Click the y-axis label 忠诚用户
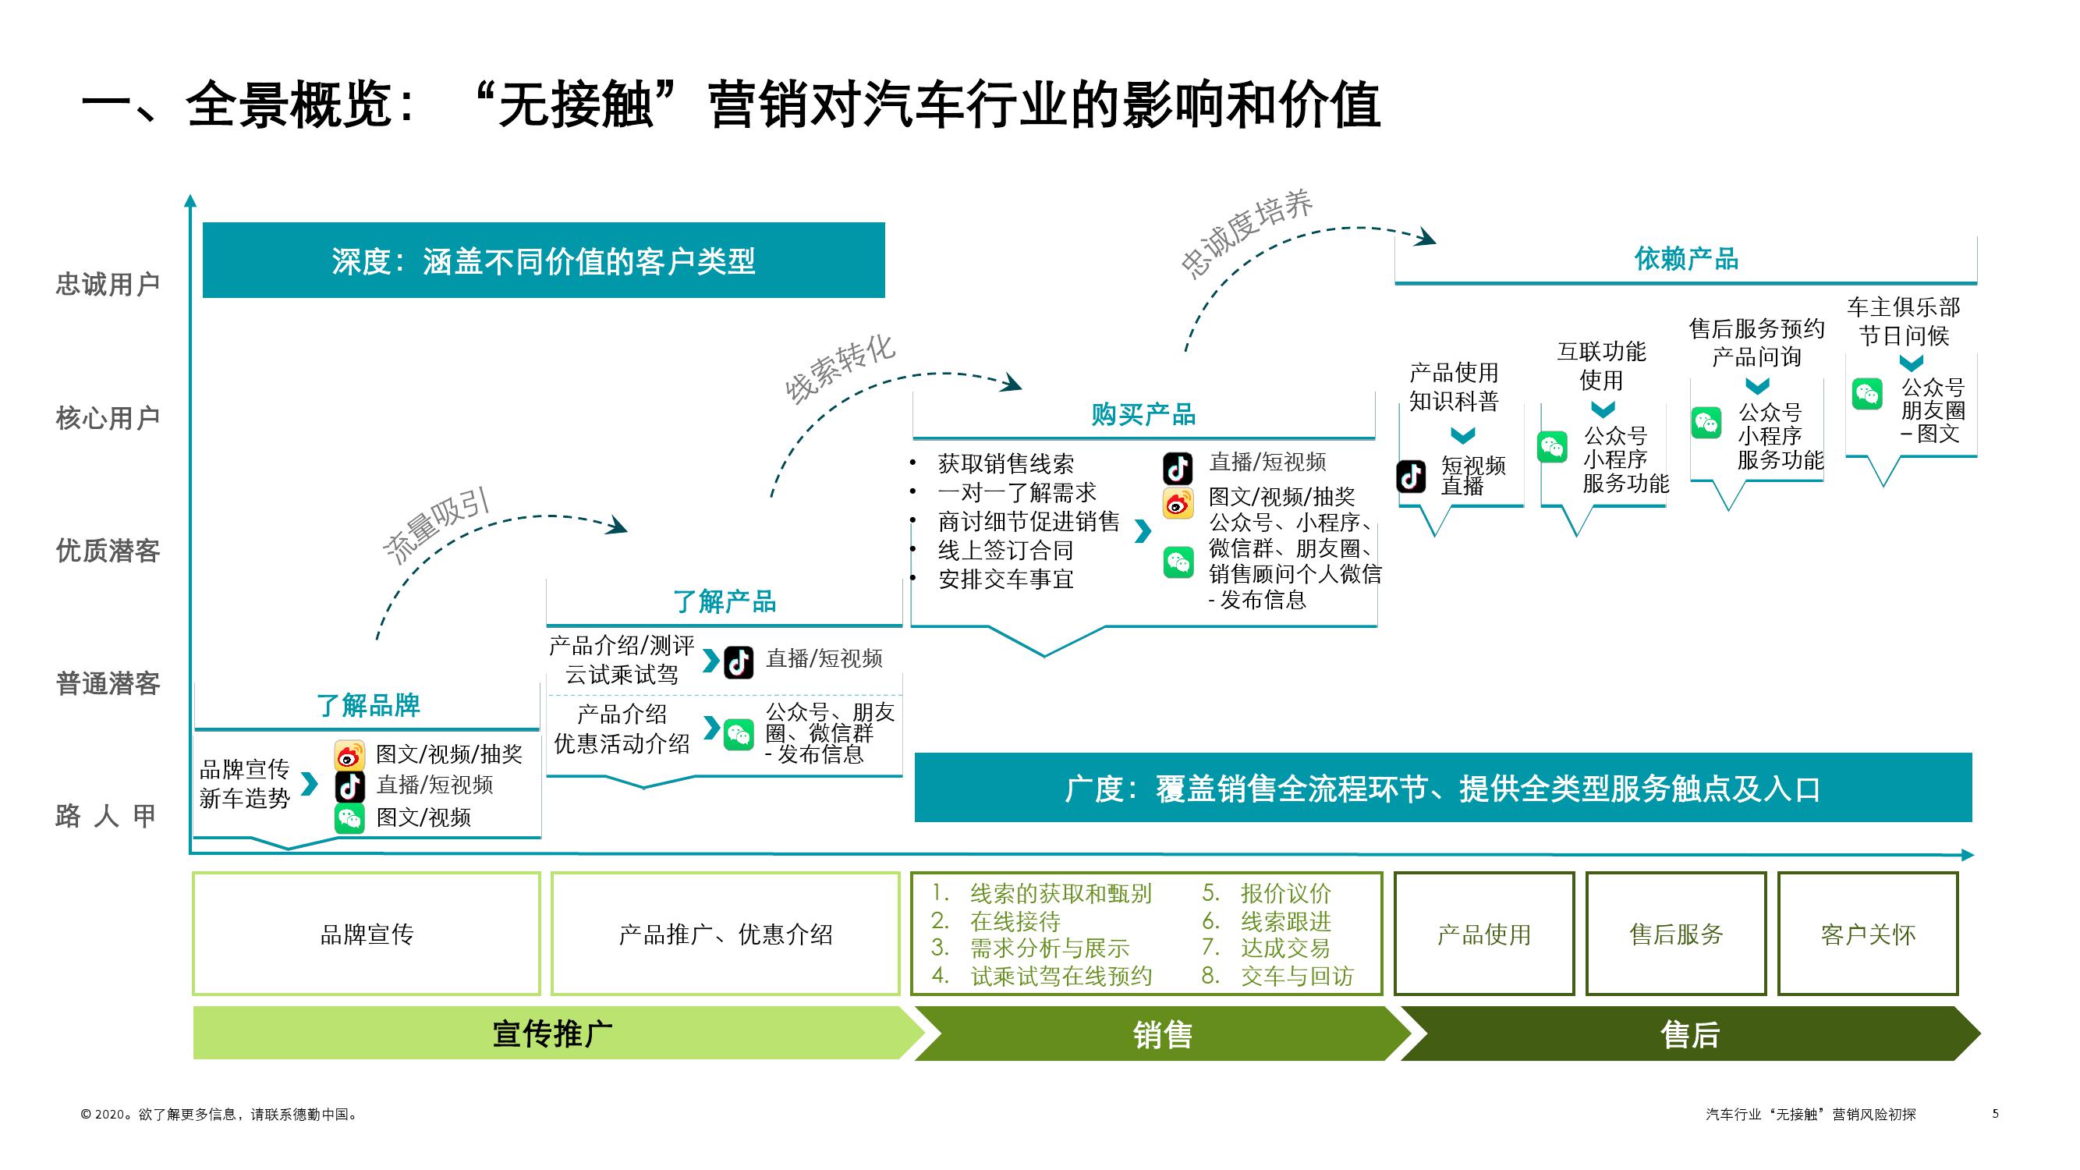[108, 284]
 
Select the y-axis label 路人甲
[106, 816]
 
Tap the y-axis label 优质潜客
[108, 551]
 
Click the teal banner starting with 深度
[544, 261]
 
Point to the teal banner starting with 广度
[1442, 788]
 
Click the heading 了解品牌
[368, 705]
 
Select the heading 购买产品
[1143, 414]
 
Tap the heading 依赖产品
[1686, 259]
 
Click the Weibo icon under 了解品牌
[349, 756]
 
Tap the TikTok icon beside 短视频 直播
[1412, 477]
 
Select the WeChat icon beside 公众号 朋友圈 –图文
[1867, 394]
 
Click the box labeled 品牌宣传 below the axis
[367, 934]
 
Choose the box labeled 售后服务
[1675, 934]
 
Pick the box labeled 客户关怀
[1868, 934]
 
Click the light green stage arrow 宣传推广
[552, 1033]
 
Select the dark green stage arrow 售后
[1689, 1033]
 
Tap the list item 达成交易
[1284, 948]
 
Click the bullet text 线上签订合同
[1005, 551]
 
